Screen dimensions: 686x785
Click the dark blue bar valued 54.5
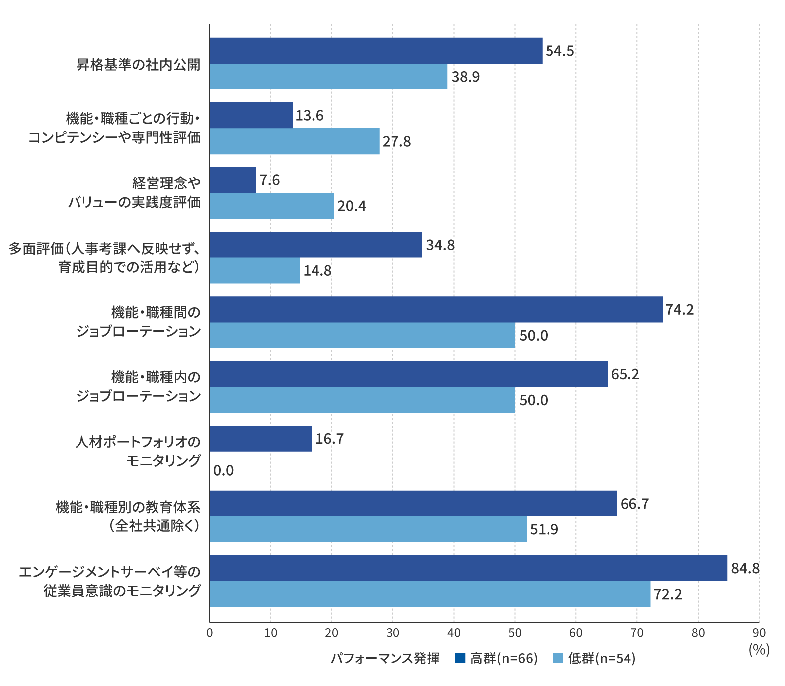pyautogui.click(x=376, y=51)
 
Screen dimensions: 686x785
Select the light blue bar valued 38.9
pyautogui.click(x=328, y=77)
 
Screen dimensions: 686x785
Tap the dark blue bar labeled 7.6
pyautogui.click(x=233, y=180)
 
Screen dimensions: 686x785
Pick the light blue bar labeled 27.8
pyautogui.click(x=295, y=141)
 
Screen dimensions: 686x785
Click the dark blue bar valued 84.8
pyautogui.click(x=469, y=568)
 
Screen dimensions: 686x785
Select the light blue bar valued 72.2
pyautogui.click(x=430, y=594)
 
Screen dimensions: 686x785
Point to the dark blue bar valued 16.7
pyautogui.click(x=261, y=439)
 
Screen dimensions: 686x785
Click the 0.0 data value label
pyautogui.click(x=223, y=470)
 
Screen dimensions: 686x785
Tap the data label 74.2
pyautogui.click(x=679, y=310)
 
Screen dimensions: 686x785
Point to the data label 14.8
pyautogui.click(x=317, y=271)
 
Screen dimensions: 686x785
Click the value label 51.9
pyautogui.click(x=544, y=529)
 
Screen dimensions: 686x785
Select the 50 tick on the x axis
pyautogui.click(x=515, y=633)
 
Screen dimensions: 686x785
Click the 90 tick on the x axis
pyautogui.click(x=759, y=633)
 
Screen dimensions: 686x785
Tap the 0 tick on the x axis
pyautogui.click(x=210, y=633)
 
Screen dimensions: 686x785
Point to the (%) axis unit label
pyautogui.click(x=759, y=649)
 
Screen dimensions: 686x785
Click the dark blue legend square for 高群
pyautogui.click(x=460, y=658)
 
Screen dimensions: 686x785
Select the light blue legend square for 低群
pyautogui.click(x=558, y=658)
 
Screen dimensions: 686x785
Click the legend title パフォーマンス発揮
pyautogui.click(x=385, y=658)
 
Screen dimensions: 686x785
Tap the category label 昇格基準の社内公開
pyautogui.click(x=139, y=65)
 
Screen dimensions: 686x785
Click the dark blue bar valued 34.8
pyautogui.click(x=316, y=245)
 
